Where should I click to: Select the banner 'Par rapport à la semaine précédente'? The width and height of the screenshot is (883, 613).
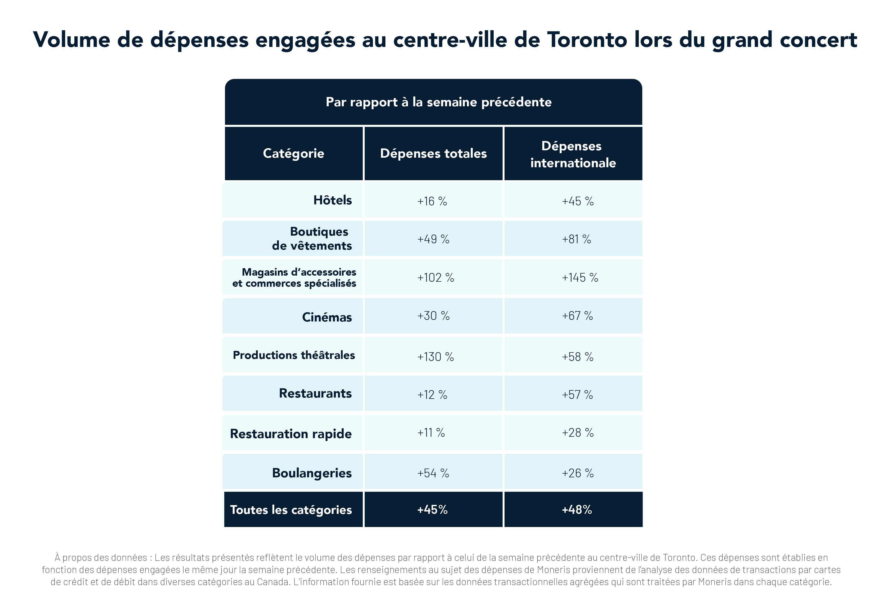pos(438,102)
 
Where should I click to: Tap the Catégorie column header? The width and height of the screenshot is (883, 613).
pos(293,153)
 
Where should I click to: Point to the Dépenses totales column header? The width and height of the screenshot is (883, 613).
pos(433,153)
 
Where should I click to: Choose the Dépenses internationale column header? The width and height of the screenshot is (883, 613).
pos(573,154)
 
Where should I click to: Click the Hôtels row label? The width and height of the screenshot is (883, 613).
pos(332,200)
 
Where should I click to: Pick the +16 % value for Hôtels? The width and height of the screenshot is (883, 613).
pos(432,201)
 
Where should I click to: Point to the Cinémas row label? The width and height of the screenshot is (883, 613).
pos(327,317)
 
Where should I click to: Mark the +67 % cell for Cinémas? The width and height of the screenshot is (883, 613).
pos(577,316)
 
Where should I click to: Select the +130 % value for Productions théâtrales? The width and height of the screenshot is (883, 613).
pos(436,357)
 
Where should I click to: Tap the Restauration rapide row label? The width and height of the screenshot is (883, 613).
pos(291,434)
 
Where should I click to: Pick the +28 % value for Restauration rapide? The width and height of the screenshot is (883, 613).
pos(578,433)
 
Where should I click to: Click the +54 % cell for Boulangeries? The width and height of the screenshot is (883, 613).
pos(433,473)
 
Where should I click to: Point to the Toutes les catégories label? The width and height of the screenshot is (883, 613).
pos(291,510)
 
